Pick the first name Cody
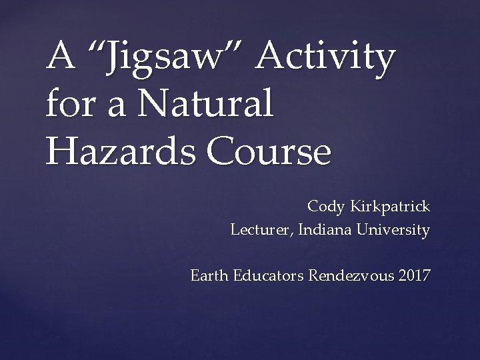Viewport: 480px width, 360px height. tap(325, 207)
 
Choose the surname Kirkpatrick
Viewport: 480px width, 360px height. tap(389, 207)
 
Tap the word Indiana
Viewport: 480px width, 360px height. tap(323, 231)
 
